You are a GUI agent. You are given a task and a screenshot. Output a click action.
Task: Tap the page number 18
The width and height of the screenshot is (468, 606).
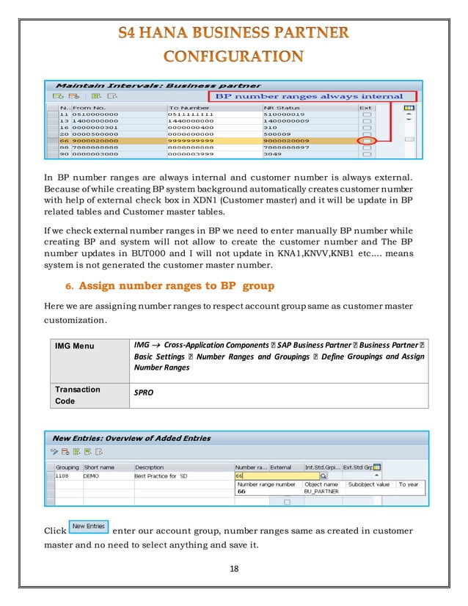click(233, 568)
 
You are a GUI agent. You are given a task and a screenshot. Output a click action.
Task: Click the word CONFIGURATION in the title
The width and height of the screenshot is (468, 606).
click(233, 56)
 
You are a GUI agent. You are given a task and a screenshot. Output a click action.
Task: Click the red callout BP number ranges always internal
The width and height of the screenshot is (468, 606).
click(307, 96)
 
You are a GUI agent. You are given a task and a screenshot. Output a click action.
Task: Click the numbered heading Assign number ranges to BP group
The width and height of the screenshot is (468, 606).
click(176, 285)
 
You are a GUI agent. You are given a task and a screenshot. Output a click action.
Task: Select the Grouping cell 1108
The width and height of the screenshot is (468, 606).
click(64, 475)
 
